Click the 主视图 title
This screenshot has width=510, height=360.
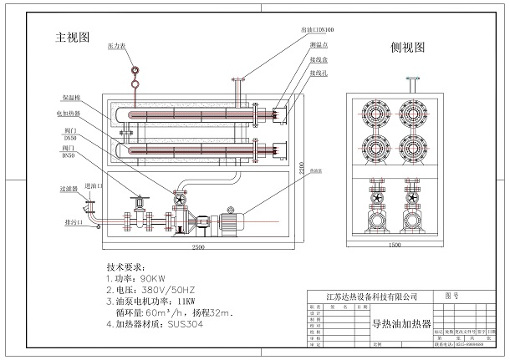coord(72,38)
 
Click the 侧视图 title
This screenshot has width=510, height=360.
coord(408,48)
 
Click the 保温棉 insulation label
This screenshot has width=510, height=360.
coord(71,99)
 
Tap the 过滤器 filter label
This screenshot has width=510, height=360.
coord(70,190)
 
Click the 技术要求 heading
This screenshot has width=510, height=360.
coord(126,261)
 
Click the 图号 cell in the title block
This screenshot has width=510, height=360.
coord(451,295)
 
